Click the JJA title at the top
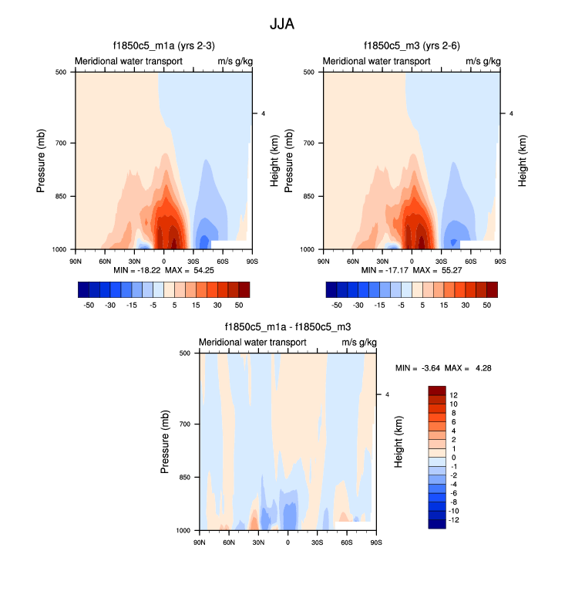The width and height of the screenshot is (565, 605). pos(282,24)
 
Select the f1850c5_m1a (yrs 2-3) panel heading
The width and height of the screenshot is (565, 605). pos(161,46)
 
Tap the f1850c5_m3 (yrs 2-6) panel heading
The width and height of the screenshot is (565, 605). pos(412,46)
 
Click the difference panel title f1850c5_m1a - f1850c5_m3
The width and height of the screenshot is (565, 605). pos(288,328)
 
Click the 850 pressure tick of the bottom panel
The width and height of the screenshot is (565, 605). pos(187,478)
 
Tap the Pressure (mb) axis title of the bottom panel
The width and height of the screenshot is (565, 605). pos(166,442)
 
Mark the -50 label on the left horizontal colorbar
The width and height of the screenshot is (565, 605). pos(89,305)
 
